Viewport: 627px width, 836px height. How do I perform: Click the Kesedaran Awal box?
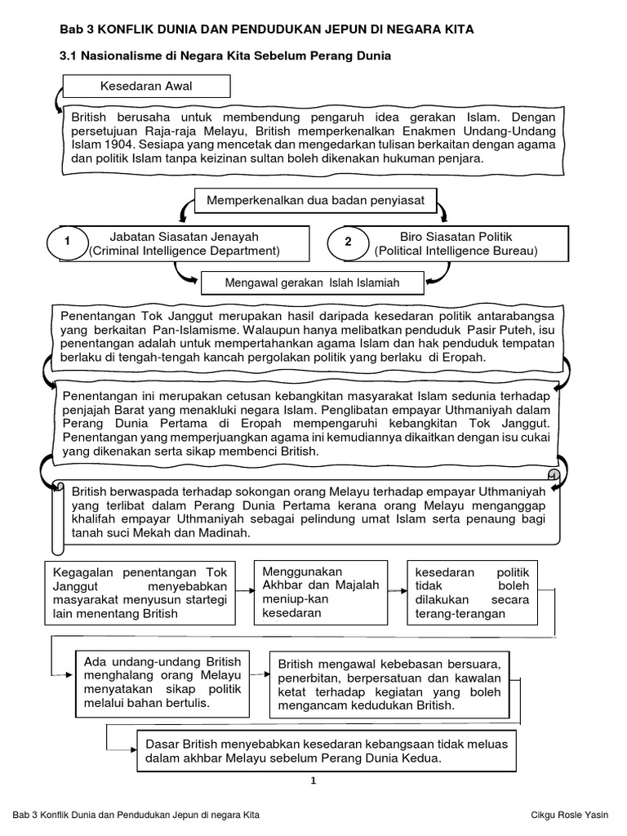(146, 86)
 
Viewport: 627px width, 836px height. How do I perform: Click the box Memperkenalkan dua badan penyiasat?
(314, 198)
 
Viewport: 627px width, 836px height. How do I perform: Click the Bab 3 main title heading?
(268, 29)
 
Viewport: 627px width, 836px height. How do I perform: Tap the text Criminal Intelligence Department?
(185, 251)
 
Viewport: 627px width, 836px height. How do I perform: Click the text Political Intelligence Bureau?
(456, 251)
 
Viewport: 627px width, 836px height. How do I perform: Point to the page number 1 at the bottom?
(313, 780)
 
